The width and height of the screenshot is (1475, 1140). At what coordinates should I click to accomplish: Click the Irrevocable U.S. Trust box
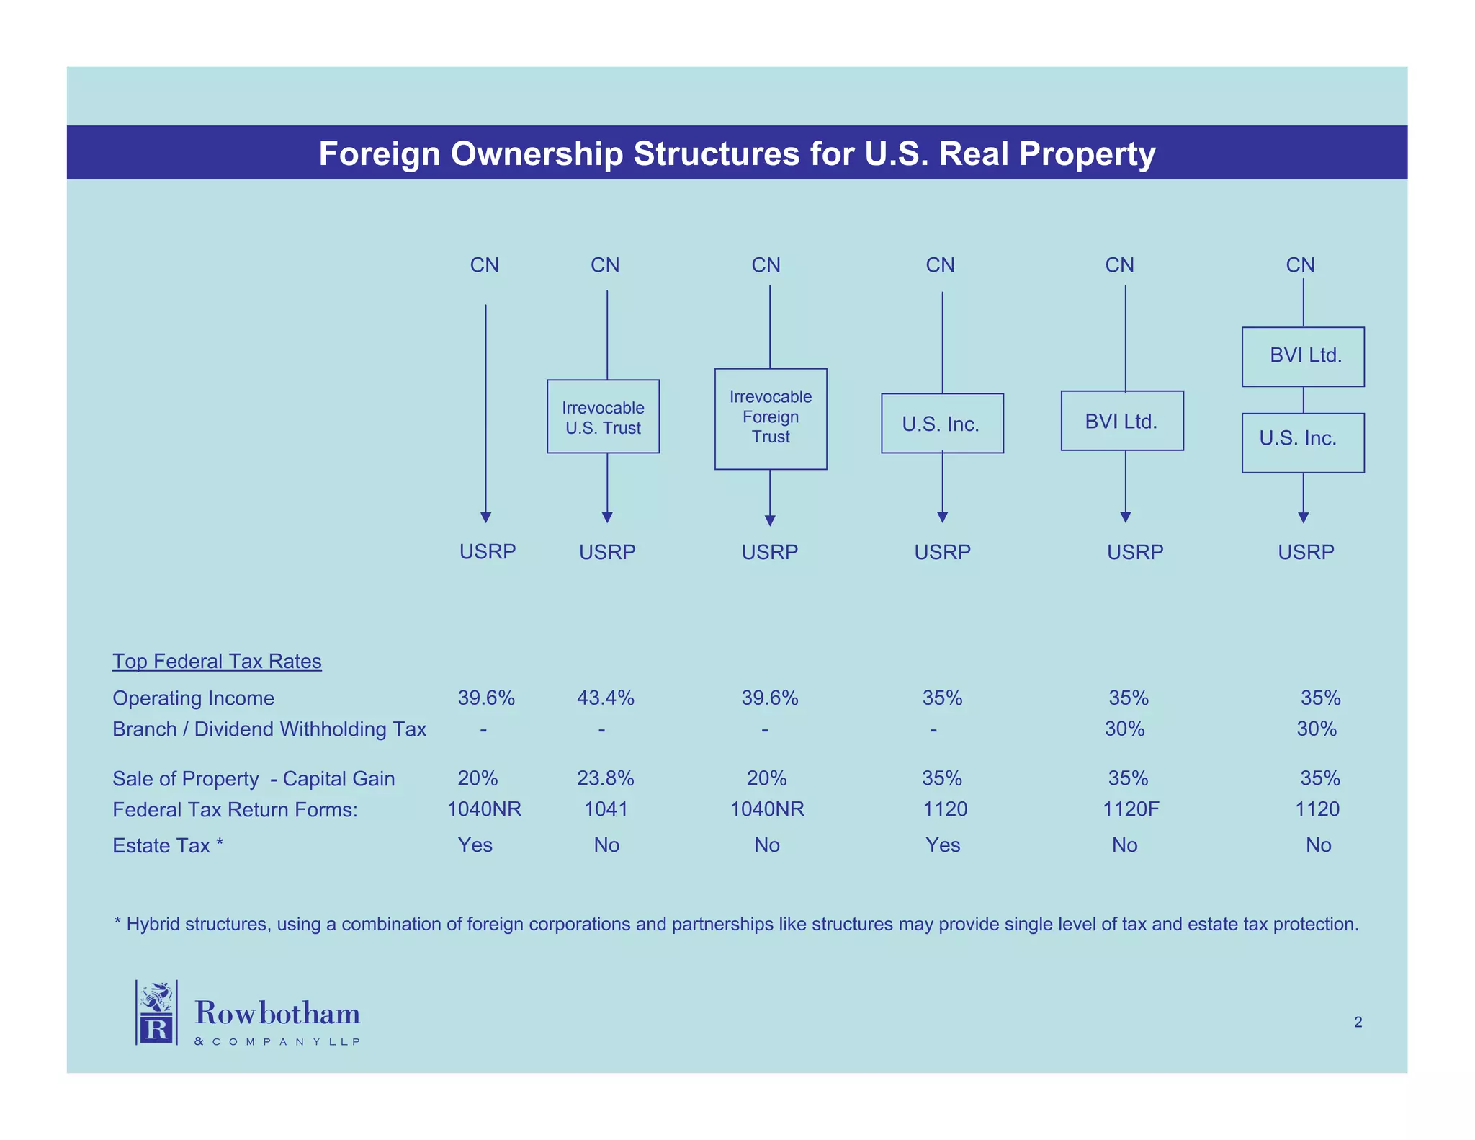click(603, 417)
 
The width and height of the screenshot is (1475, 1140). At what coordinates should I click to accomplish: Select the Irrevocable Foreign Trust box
click(770, 418)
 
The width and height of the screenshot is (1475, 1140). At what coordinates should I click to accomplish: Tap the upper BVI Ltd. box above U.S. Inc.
click(1302, 356)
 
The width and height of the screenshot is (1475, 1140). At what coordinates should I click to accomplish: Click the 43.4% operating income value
click(605, 698)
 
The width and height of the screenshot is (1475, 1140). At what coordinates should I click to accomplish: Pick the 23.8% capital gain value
click(605, 778)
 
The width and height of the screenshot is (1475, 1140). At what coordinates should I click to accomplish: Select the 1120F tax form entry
click(1131, 809)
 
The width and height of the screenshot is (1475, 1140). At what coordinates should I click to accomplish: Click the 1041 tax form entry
click(606, 809)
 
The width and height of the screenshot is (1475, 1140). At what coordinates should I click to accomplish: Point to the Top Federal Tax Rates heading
click(217, 661)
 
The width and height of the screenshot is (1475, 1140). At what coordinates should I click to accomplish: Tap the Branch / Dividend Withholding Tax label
click(269, 729)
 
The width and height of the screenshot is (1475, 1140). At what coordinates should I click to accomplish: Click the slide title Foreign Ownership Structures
click(736, 153)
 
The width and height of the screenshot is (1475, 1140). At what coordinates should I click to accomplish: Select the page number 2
click(1358, 1022)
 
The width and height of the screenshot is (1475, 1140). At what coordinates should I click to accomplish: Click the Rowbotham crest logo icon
click(156, 1012)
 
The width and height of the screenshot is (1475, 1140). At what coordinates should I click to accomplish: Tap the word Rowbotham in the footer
click(277, 1013)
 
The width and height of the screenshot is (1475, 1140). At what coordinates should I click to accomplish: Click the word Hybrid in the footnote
click(153, 924)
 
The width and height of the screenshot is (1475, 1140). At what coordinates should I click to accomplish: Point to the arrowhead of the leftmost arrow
click(485, 517)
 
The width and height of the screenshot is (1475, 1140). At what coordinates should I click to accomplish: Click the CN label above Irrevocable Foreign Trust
click(766, 265)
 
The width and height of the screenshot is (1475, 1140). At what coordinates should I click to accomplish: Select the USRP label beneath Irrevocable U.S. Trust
click(607, 552)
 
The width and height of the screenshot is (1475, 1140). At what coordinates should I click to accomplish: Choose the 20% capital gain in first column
click(478, 778)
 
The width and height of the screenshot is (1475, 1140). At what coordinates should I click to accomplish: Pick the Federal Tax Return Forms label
click(235, 810)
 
